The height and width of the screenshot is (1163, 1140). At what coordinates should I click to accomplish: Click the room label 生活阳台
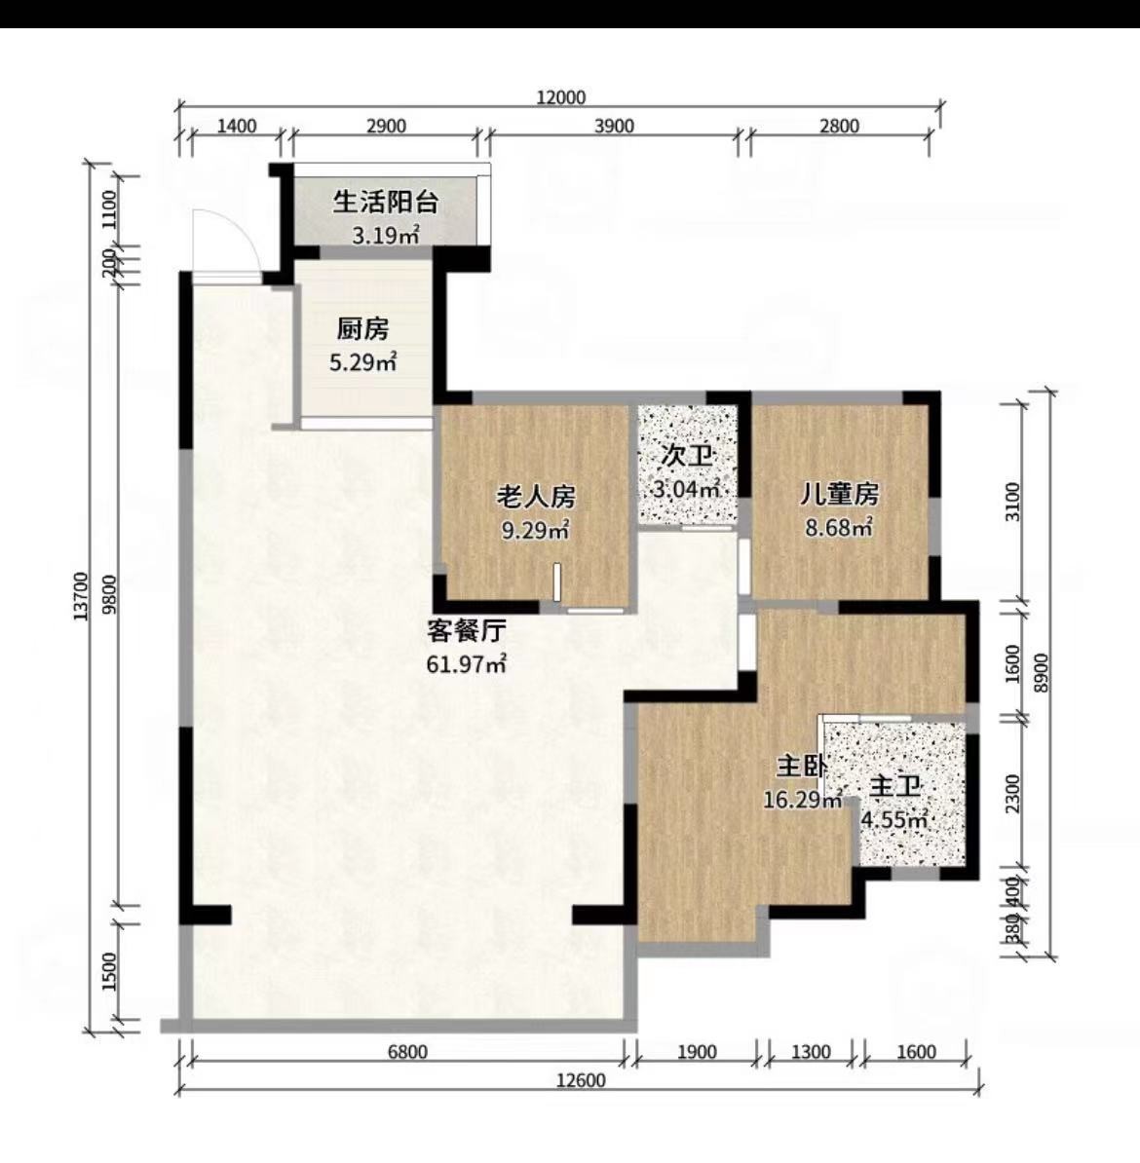(385, 202)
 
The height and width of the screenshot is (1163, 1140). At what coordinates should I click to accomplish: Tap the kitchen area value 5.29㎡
(362, 362)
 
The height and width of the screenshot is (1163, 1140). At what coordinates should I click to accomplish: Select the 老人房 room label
(536, 496)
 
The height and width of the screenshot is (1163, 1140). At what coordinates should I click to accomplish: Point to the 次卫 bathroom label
(687, 456)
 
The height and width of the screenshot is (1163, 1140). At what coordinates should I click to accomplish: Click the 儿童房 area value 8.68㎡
(840, 527)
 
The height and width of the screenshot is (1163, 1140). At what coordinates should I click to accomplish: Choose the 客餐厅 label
(467, 630)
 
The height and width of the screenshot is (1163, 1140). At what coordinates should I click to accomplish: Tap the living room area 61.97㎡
(466, 664)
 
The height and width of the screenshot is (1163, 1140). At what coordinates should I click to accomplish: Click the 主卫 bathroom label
(895, 786)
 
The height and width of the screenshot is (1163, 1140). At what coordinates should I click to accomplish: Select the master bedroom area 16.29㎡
(804, 801)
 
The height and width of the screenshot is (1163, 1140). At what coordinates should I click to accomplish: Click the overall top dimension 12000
(561, 97)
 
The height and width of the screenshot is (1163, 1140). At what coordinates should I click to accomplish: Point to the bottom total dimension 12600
(581, 1080)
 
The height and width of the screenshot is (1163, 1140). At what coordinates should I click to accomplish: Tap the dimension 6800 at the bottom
(407, 1052)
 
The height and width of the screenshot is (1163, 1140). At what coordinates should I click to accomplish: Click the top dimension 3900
(614, 126)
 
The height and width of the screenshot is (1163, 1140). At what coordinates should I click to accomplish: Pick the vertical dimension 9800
(110, 595)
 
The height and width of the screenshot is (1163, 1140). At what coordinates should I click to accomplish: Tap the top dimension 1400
(236, 126)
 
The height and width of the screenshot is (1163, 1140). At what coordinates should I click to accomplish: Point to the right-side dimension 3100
(1012, 503)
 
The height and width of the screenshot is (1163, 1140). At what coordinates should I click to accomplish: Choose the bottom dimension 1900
(696, 1052)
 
